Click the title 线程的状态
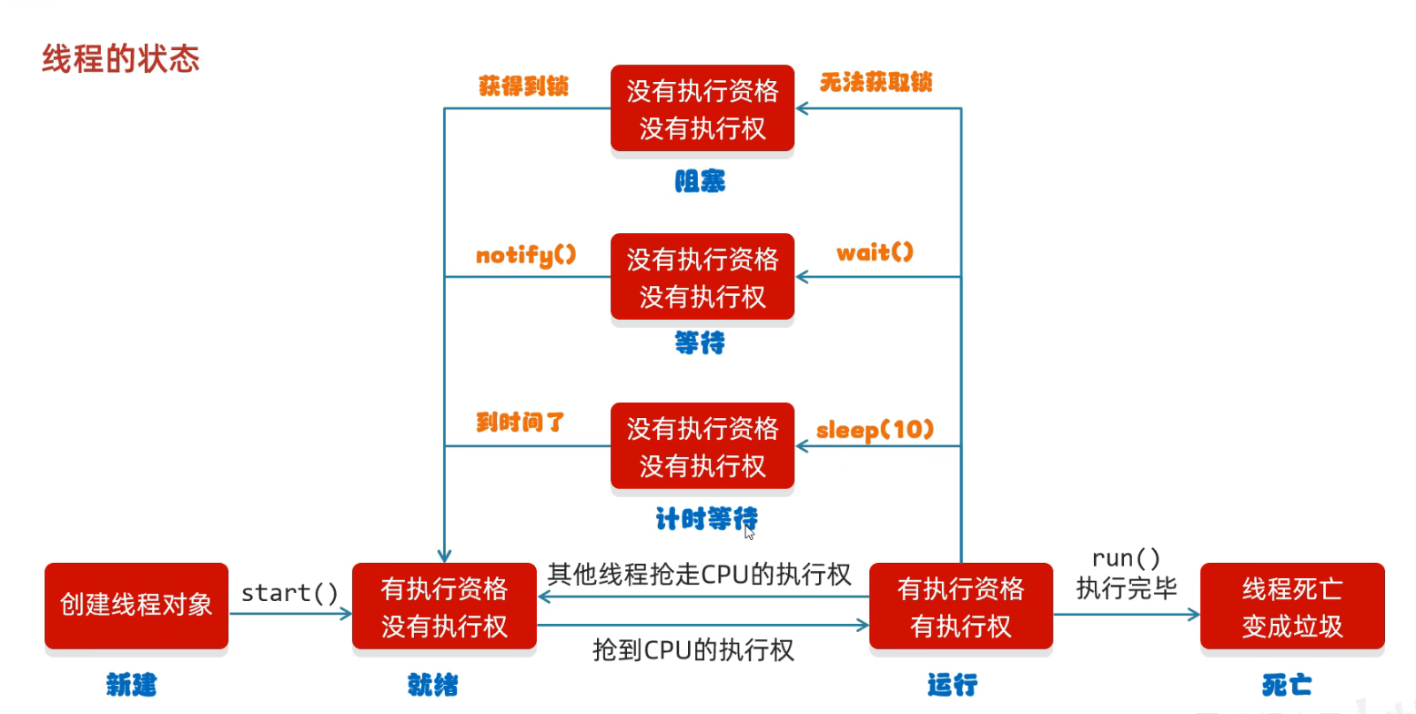pyautogui.click(x=121, y=59)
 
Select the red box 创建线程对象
pyautogui.click(x=137, y=606)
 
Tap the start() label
pyautogui.click(x=289, y=593)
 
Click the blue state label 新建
pyautogui.click(x=131, y=685)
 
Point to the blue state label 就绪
pyautogui.click(x=433, y=685)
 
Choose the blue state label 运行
pyautogui.click(x=953, y=685)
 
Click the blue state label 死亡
pyautogui.click(x=1287, y=685)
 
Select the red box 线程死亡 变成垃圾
pyautogui.click(x=1293, y=606)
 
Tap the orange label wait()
pyautogui.click(x=875, y=253)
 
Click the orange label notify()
pyautogui.click(x=526, y=256)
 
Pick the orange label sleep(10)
pyautogui.click(x=875, y=431)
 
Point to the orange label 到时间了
pyautogui.click(x=521, y=422)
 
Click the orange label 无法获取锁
pyautogui.click(x=876, y=82)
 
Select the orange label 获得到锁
pyautogui.click(x=524, y=86)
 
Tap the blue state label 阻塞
pyautogui.click(x=700, y=181)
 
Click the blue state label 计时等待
pyautogui.click(x=707, y=519)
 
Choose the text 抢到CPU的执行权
pyautogui.click(x=693, y=650)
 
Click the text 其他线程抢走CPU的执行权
pyautogui.click(x=699, y=575)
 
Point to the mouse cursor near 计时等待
pyautogui.click(x=749, y=533)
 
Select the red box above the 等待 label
pyautogui.click(x=703, y=277)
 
